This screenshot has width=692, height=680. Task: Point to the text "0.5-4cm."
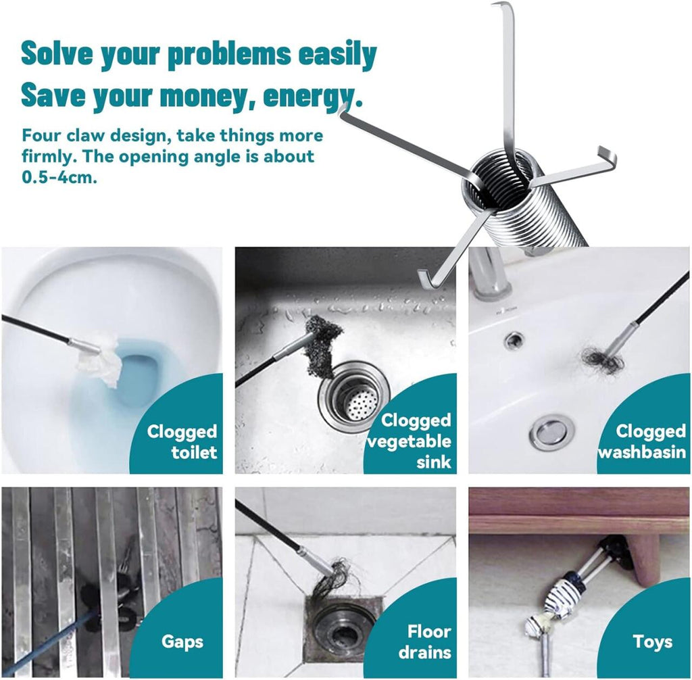coord(59,178)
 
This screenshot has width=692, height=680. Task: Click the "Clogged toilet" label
coord(182,441)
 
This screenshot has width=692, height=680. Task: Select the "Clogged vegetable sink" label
coord(410,441)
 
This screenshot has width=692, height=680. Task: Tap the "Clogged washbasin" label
coord(643,441)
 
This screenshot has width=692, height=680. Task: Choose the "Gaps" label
coord(182,641)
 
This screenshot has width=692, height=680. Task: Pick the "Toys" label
coord(652,641)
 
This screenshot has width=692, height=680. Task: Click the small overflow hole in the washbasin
coord(514,339)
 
